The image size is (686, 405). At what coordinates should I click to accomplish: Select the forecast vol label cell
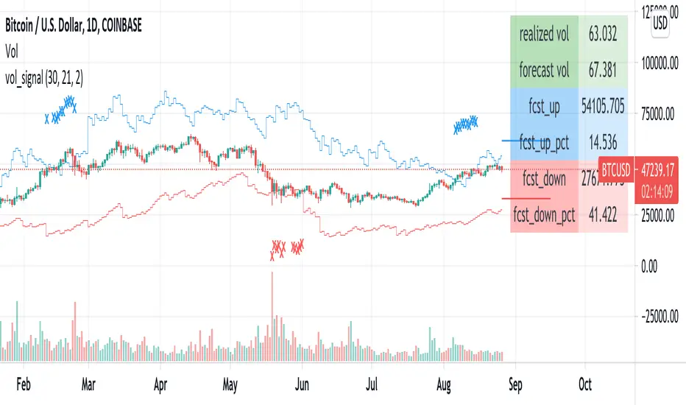[545, 71]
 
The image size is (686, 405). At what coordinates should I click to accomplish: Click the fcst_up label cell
[545, 108]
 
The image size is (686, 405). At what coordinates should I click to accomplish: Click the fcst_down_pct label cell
[545, 215]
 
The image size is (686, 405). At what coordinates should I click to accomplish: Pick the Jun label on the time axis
[300, 384]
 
